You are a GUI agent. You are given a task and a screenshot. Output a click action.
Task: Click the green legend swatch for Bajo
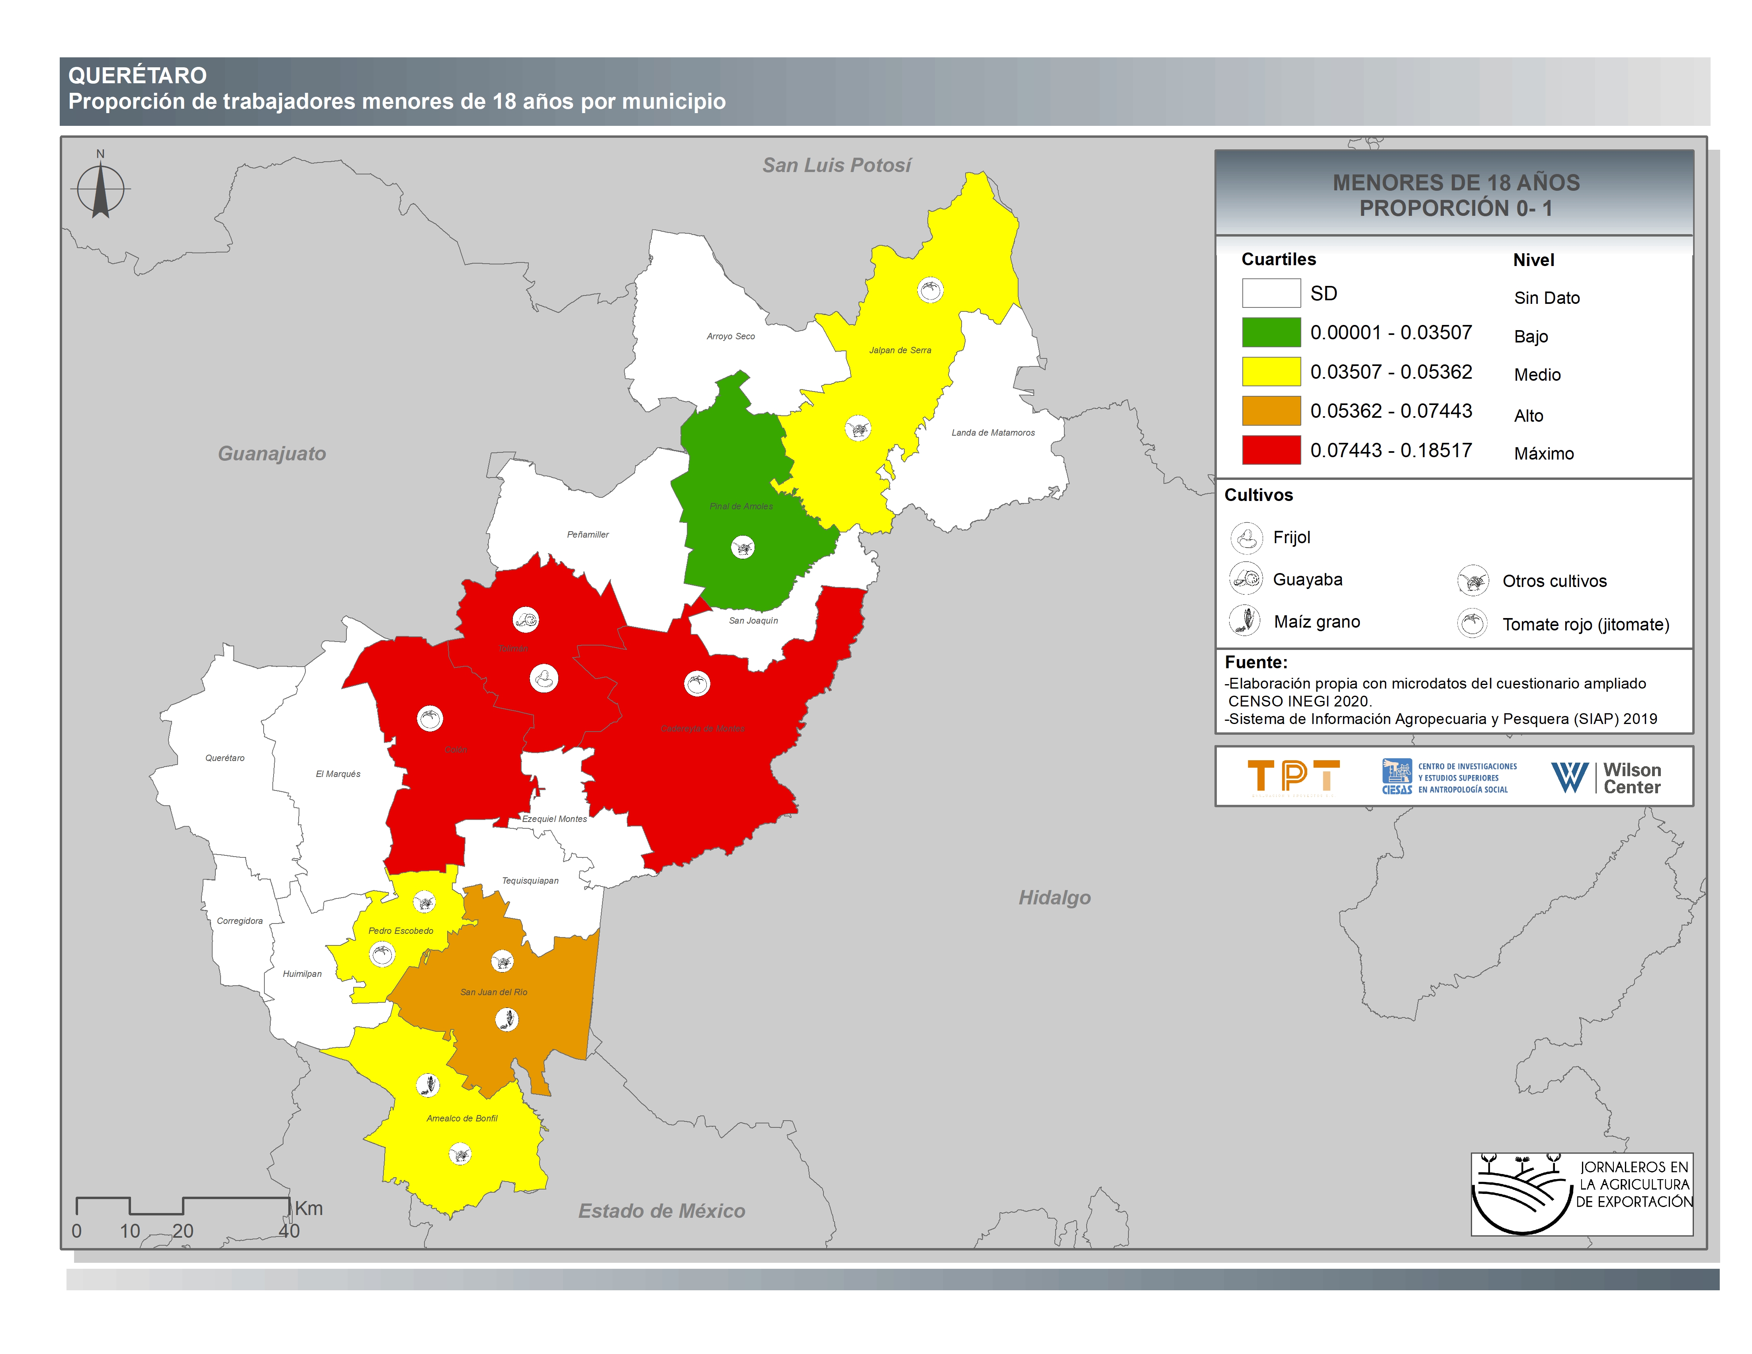click(1271, 332)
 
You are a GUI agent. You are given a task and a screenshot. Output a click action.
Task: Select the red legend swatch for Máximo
click(1271, 450)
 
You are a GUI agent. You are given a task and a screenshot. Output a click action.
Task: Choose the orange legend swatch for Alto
click(1271, 411)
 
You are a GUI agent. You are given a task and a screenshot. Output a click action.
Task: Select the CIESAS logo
click(1449, 777)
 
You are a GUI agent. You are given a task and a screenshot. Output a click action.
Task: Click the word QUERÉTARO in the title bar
click(137, 75)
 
